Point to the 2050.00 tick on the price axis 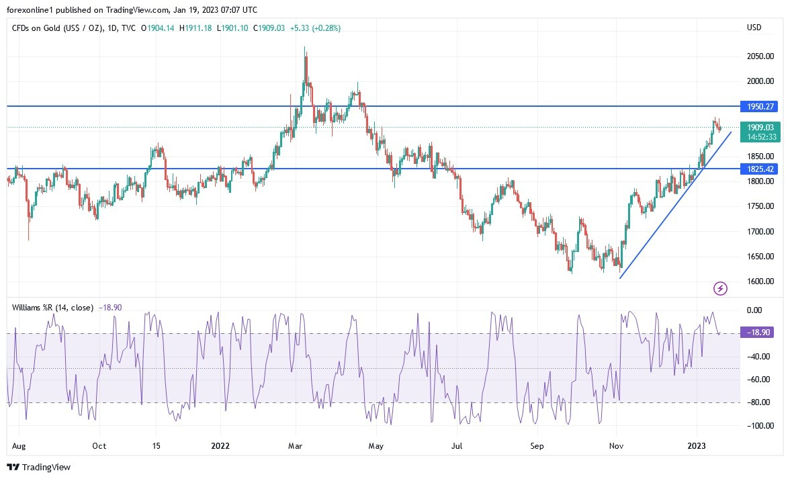click(x=760, y=56)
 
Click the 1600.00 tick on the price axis click(x=760, y=281)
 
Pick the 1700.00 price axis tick click(x=760, y=232)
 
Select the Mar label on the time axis click(x=296, y=445)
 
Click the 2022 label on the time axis click(x=221, y=445)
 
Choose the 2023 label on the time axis click(x=696, y=445)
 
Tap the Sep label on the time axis click(x=536, y=445)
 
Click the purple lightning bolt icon click(x=720, y=288)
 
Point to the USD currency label click(x=754, y=28)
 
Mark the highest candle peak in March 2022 click(x=305, y=47)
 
